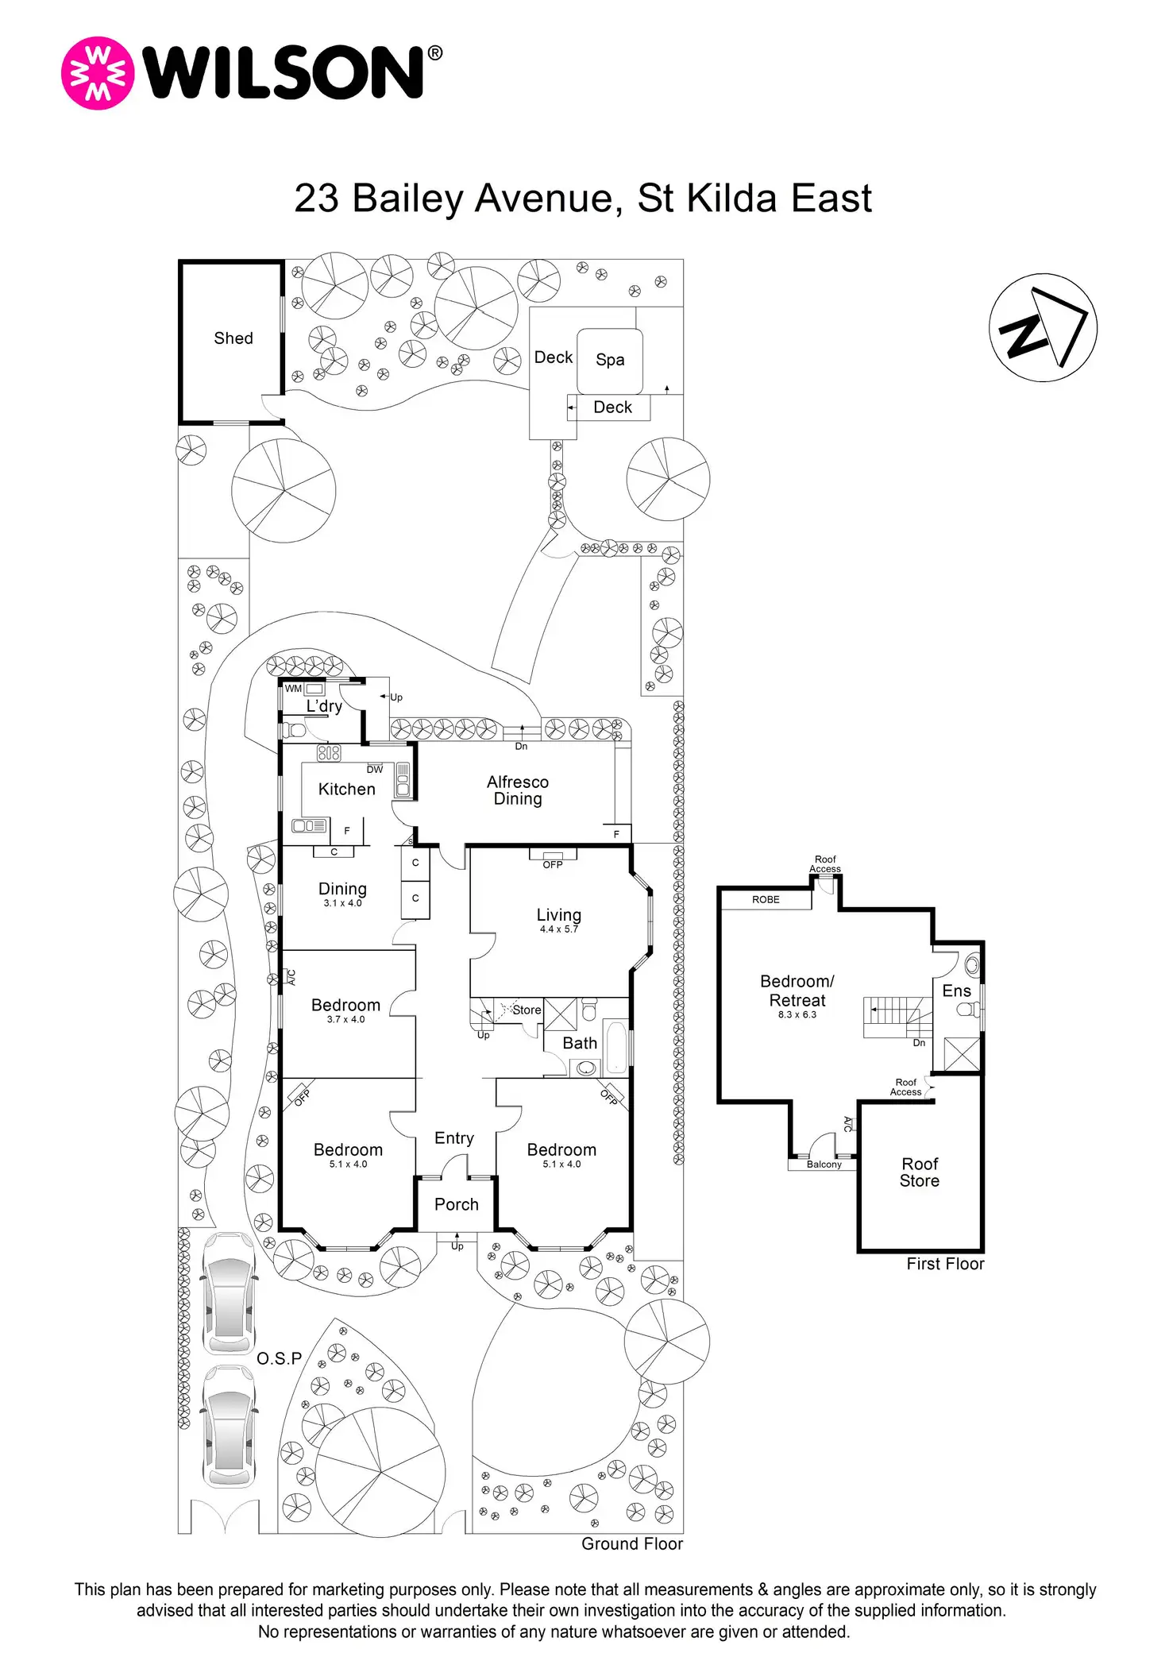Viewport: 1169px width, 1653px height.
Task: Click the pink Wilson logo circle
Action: [x=98, y=73]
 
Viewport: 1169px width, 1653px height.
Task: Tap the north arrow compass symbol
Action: [x=1043, y=328]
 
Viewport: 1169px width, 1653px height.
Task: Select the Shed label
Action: [x=233, y=338]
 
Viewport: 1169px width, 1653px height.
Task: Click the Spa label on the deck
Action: [x=610, y=360]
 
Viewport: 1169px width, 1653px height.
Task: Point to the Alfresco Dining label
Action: [x=518, y=790]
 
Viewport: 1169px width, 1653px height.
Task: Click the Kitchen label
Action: [x=346, y=789]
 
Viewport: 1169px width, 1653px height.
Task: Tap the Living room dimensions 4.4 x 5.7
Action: [x=559, y=929]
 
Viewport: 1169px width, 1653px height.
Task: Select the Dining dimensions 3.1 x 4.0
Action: [x=342, y=903]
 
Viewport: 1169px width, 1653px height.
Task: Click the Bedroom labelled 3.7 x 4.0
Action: [x=345, y=1006]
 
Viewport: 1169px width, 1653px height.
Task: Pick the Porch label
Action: [x=457, y=1204]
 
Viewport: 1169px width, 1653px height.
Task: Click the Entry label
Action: [x=454, y=1138]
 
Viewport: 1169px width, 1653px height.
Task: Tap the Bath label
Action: [x=580, y=1043]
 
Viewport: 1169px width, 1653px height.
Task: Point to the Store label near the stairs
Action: [x=527, y=1010]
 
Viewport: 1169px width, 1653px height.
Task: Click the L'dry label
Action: [x=324, y=706]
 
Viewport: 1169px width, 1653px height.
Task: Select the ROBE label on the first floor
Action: [x=766, y=900]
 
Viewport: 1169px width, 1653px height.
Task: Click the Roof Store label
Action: [x=920, y=1172]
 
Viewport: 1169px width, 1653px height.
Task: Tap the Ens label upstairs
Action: [x=956, y=991]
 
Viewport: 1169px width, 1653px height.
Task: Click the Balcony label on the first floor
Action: [x=824, y=1164]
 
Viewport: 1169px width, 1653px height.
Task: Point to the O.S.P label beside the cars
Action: [x=280, y=1359]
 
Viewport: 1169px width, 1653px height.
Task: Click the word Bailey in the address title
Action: [x=407, y=199]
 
